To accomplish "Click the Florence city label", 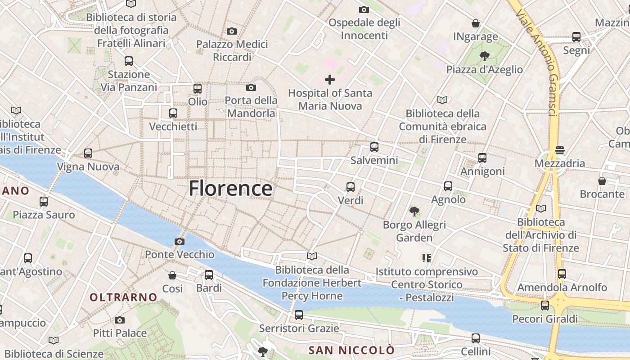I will (x=230, y=188).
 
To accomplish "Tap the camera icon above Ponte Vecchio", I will (x=180, y=242).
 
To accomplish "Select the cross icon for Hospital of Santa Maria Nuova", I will (x=330, y=80).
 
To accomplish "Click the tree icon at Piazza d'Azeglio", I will (x=485, y=56).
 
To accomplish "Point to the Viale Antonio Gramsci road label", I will (x=538, y=63).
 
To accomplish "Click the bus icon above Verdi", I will (x=351, y=187).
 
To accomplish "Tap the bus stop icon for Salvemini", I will (x=374, y=147).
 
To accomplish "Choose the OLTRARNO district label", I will (x=123, y=297).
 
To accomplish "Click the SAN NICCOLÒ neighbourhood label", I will (x=351, y=350).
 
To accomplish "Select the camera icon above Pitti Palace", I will (x=120, y=320).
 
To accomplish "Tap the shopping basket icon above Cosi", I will (x=172, y=275).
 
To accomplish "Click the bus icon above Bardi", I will (x=209, y=275).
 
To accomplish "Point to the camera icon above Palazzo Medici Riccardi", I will (x=232, y=31).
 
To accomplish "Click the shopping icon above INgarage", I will (x=476, y=23).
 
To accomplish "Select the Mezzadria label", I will (x=560, y=163).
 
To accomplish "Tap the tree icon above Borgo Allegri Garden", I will (x=414, y=211).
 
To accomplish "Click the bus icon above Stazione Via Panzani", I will (x=129, y=61).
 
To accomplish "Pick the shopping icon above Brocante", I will (x=602, y=181).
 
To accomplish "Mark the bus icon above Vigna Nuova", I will (x=88, y=153).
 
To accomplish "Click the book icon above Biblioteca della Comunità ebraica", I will (x=443, y=100).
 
